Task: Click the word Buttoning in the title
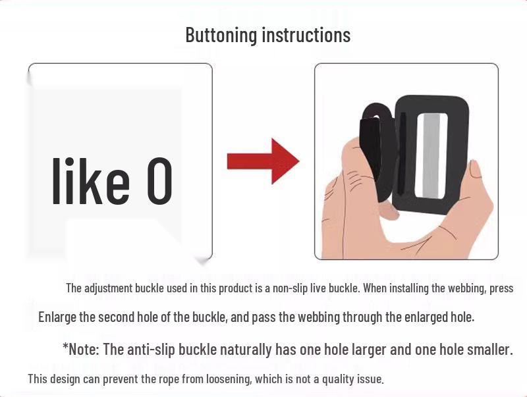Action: pyautogui.click(x=221, y=35)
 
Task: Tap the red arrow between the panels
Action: pyautogui.click(x=263, y=161)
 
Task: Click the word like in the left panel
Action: pyautogui.click(x=91, y=181)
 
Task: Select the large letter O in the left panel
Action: pyautogui.click(x=159, y=181)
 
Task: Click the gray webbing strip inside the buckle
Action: pyautogui.click(x=431, y=155)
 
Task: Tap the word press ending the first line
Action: pyautogui.click(x=501, y=288)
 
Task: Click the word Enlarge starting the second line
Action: pyautogui.click(x=57, y=317)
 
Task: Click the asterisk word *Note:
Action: pyautogui.click(x=81, y=350)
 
